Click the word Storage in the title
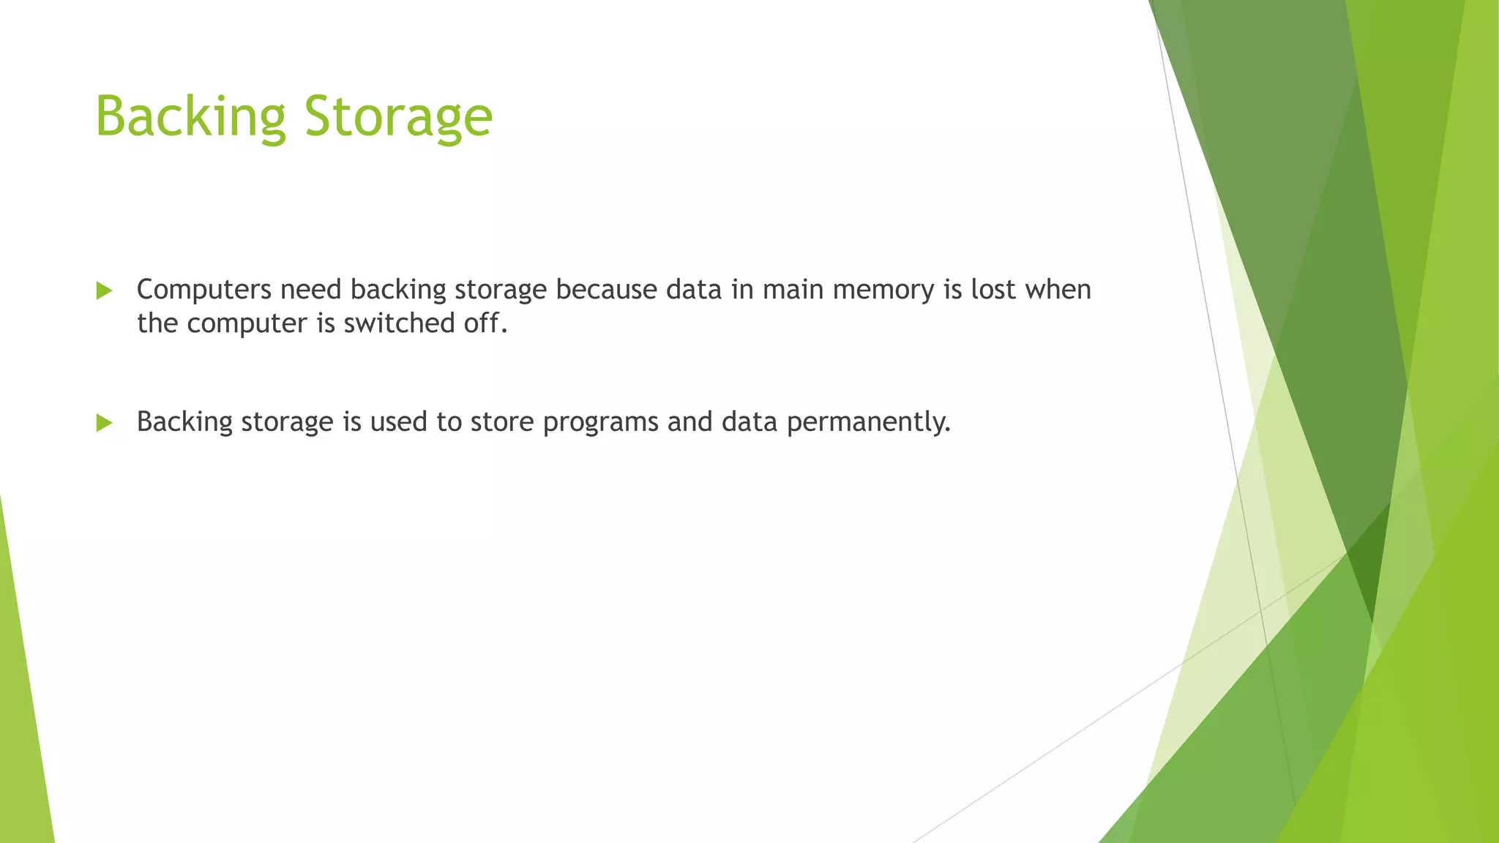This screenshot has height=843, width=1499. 398,117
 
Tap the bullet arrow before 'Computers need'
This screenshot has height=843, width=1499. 104,291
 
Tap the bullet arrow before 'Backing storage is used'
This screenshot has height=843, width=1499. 104,423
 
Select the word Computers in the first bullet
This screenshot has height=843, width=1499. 204,291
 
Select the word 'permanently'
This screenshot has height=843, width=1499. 868,423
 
